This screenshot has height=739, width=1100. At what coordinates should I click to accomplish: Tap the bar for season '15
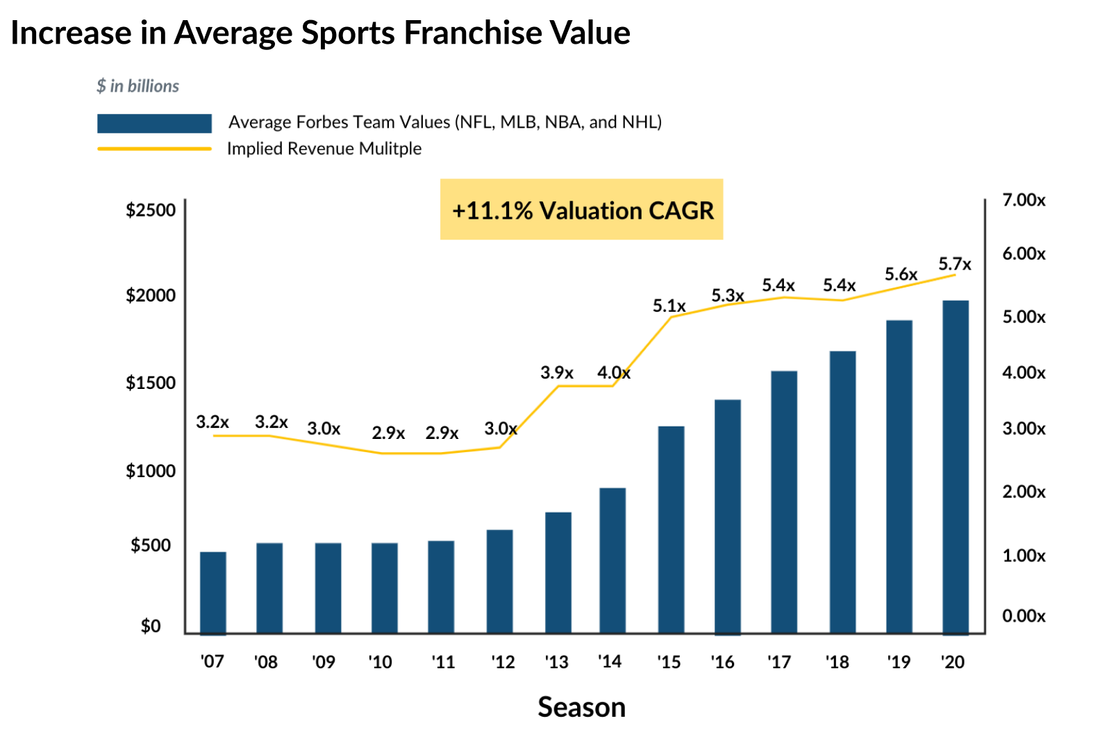tap(671, 529)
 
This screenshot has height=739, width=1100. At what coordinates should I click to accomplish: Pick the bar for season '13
tap(558, 572)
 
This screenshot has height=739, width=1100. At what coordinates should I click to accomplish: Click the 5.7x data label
tap(955, 265)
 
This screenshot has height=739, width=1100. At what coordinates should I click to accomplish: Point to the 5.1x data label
tap(669, 306)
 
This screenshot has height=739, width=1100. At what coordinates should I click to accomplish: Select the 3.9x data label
tap(557, 373)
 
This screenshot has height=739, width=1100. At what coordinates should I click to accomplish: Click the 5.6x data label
tap(901, 275)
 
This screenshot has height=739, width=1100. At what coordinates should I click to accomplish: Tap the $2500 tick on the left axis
tap(151, 210)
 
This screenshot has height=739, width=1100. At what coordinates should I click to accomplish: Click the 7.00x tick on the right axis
tap(1024, 201)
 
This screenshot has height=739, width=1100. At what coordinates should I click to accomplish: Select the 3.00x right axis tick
tap(1024, 429)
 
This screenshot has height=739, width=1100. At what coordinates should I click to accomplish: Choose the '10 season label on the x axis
tap(381, 662)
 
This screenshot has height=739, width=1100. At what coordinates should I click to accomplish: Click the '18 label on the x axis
tap(837, 662)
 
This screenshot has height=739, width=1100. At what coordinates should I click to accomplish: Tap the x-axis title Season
tap(581, 708)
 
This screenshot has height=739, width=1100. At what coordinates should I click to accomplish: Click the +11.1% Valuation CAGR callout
tap(582, 210)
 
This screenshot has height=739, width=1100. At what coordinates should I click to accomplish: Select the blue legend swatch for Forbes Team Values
tap(154, 124)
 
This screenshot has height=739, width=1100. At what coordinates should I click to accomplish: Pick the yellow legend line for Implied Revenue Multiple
tap(154, 149)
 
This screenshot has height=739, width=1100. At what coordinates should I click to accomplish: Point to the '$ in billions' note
tap(137, 86)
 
